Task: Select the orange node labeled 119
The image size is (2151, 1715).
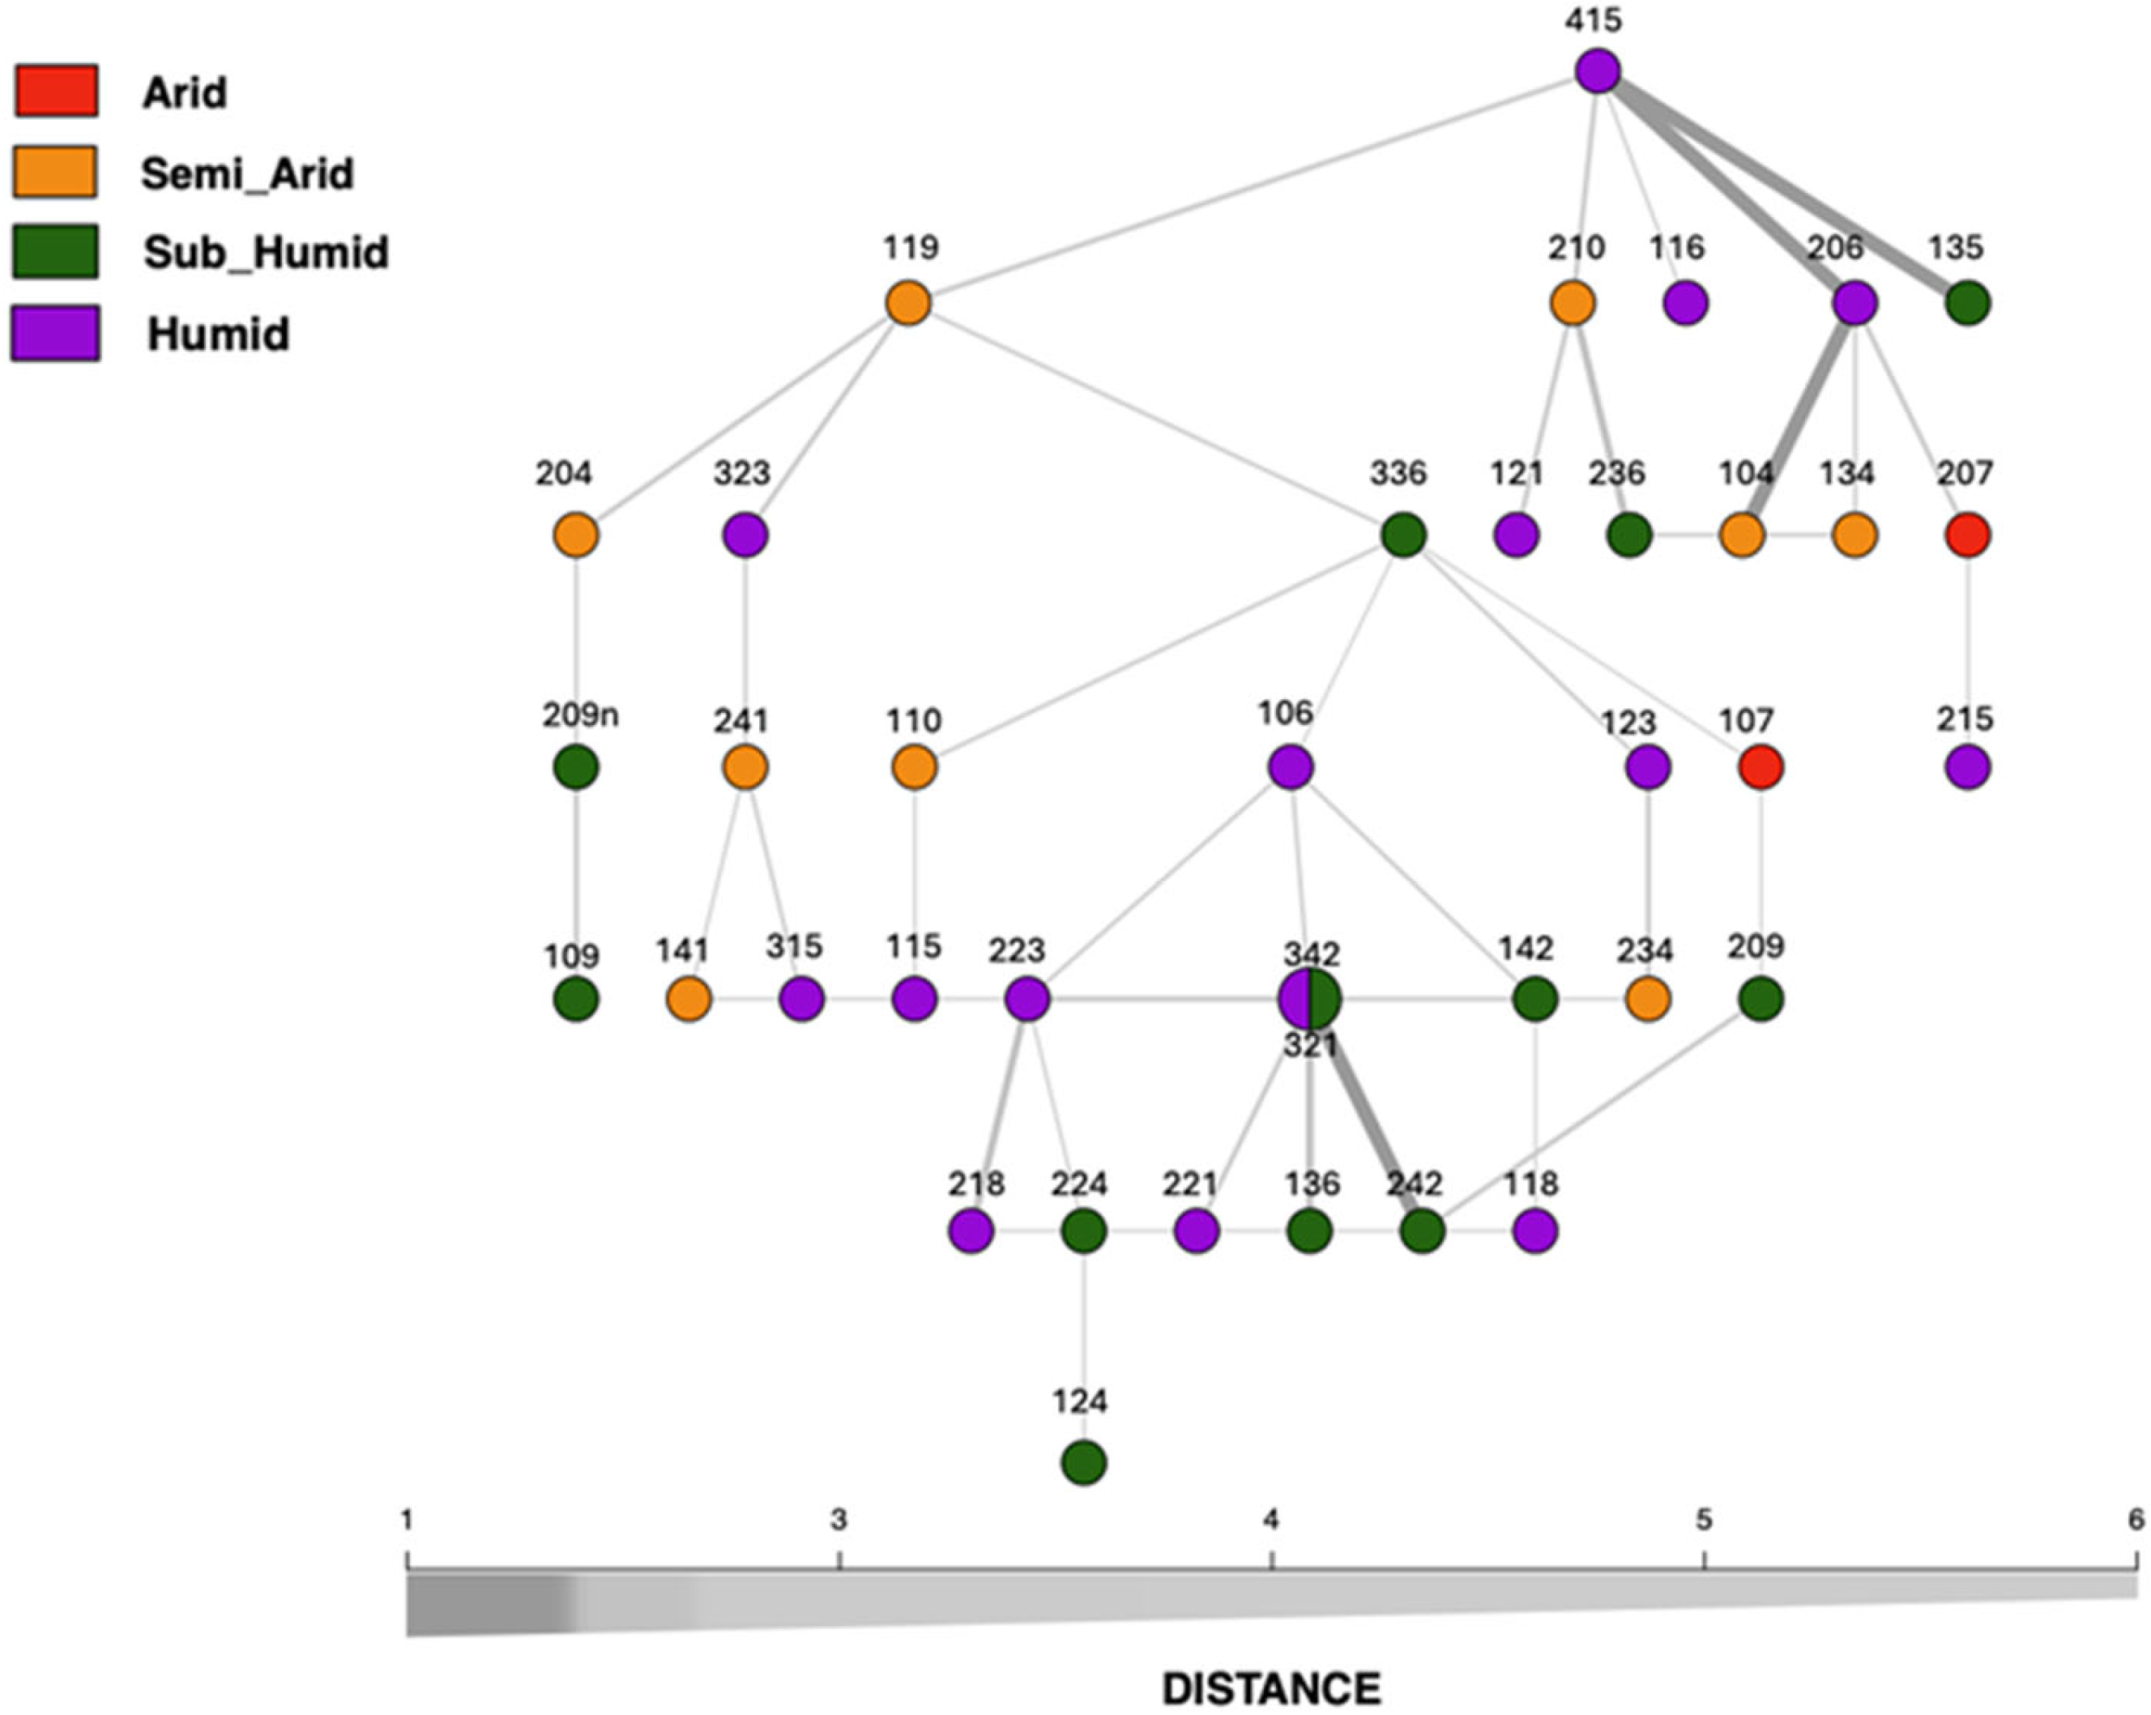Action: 909,303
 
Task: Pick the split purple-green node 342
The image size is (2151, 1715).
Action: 1310,999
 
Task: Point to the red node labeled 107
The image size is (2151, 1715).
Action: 1761,768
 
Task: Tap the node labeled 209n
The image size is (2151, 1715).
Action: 576,768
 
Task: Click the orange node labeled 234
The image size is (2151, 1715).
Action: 1647,999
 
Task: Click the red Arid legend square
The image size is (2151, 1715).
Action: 56,91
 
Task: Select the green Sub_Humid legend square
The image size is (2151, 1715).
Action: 56,251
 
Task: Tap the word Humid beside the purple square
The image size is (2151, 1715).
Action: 219,333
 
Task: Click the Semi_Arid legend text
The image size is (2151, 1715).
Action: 247,173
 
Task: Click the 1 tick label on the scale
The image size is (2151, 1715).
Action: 407,1521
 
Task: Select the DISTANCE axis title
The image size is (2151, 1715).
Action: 1271,1660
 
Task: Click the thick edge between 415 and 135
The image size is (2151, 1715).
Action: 1786,190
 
